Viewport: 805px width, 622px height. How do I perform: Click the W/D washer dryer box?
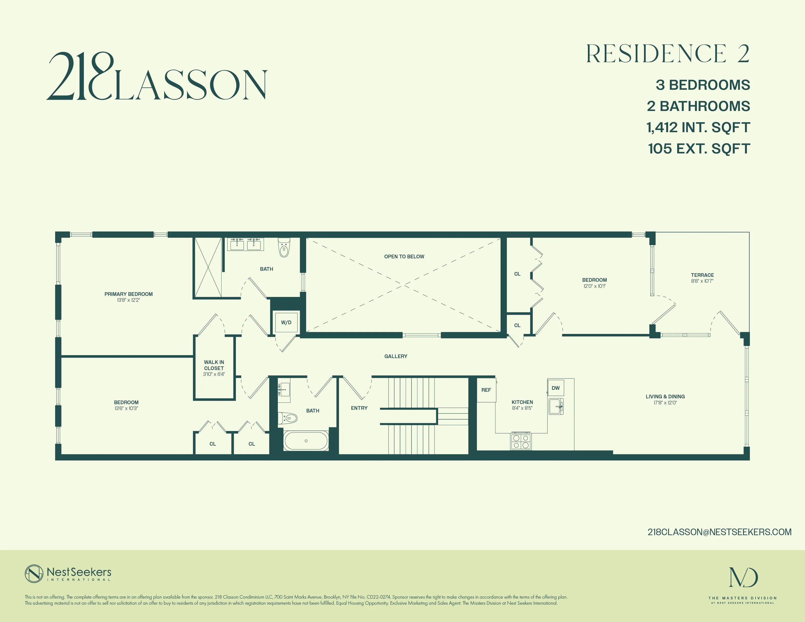(x=286, y=322)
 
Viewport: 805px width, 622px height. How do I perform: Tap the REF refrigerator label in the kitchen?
(x=486, y=390)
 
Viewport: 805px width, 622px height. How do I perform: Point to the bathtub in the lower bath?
(x=306, y=441)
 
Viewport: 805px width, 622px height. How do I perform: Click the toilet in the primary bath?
(x=283, y=249)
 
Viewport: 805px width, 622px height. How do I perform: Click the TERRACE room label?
(x=702, y=275)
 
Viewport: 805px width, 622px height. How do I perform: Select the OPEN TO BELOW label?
(x=404, y=256)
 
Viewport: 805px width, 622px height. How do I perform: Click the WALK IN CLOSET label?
(x=214, y=365)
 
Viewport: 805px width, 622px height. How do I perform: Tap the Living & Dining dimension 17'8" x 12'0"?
(x=665, y=403)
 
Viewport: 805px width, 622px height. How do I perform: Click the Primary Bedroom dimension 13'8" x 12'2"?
(x=128, y=300)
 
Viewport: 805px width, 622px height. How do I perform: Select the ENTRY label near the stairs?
(x=359, y=408)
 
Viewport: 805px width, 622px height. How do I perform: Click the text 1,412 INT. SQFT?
(x=698, y=128)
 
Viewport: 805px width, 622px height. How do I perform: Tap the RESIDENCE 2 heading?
(x=667, y=54)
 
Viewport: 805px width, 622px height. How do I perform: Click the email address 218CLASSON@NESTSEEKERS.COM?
(x=719, y=532)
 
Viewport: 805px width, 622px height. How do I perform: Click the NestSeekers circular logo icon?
(x=34, y=574)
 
